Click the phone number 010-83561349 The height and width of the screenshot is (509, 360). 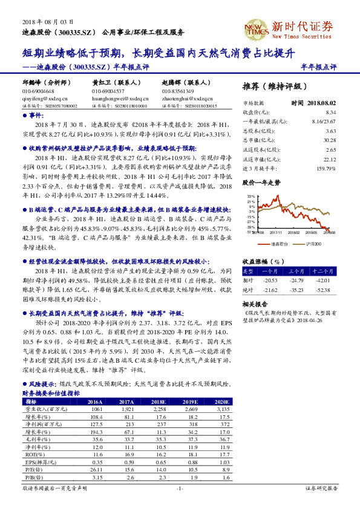click(178, 91)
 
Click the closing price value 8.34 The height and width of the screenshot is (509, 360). click(331, 112)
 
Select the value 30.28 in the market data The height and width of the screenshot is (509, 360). click(330, 138)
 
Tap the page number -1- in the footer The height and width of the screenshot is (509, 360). click(179, 488)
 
